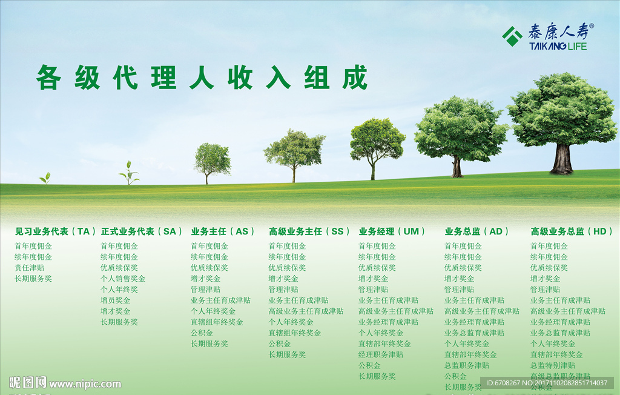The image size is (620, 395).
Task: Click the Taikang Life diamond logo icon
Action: [x=512, y=36]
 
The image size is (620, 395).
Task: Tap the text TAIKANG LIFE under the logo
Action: [x=558, y=46]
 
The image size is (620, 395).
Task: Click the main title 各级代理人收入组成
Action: [x=202, y=78]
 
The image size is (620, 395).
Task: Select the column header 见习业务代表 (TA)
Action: [x=56, y=231]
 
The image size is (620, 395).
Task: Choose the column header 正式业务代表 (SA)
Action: [x=142, y=231]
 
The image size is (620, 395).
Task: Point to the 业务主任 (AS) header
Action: [x=223, y=231]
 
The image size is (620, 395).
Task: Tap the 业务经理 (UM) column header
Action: [x=392, y=231]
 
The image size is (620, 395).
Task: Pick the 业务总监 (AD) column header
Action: [x=477, y=231]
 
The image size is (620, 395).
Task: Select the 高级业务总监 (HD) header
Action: [x=572, y=231]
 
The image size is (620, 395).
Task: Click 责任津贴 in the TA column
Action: [x=30, y=268]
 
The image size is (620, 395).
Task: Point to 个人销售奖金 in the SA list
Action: [x=123, y=279]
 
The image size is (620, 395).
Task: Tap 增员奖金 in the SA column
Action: [x=116, y=300]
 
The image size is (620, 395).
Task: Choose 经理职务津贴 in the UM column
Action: [x=381, y=355]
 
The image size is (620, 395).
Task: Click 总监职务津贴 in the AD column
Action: [x=467, y=366]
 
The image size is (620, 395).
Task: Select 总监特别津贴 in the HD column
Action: [x=553, y=366]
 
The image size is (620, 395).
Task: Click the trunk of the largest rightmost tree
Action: [x=562, y=159]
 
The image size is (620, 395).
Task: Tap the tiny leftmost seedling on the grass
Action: [x=45, y=178]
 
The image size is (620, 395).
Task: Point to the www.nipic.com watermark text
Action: [x=85, y=384]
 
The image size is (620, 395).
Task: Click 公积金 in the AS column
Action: [x=202, y=333]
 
